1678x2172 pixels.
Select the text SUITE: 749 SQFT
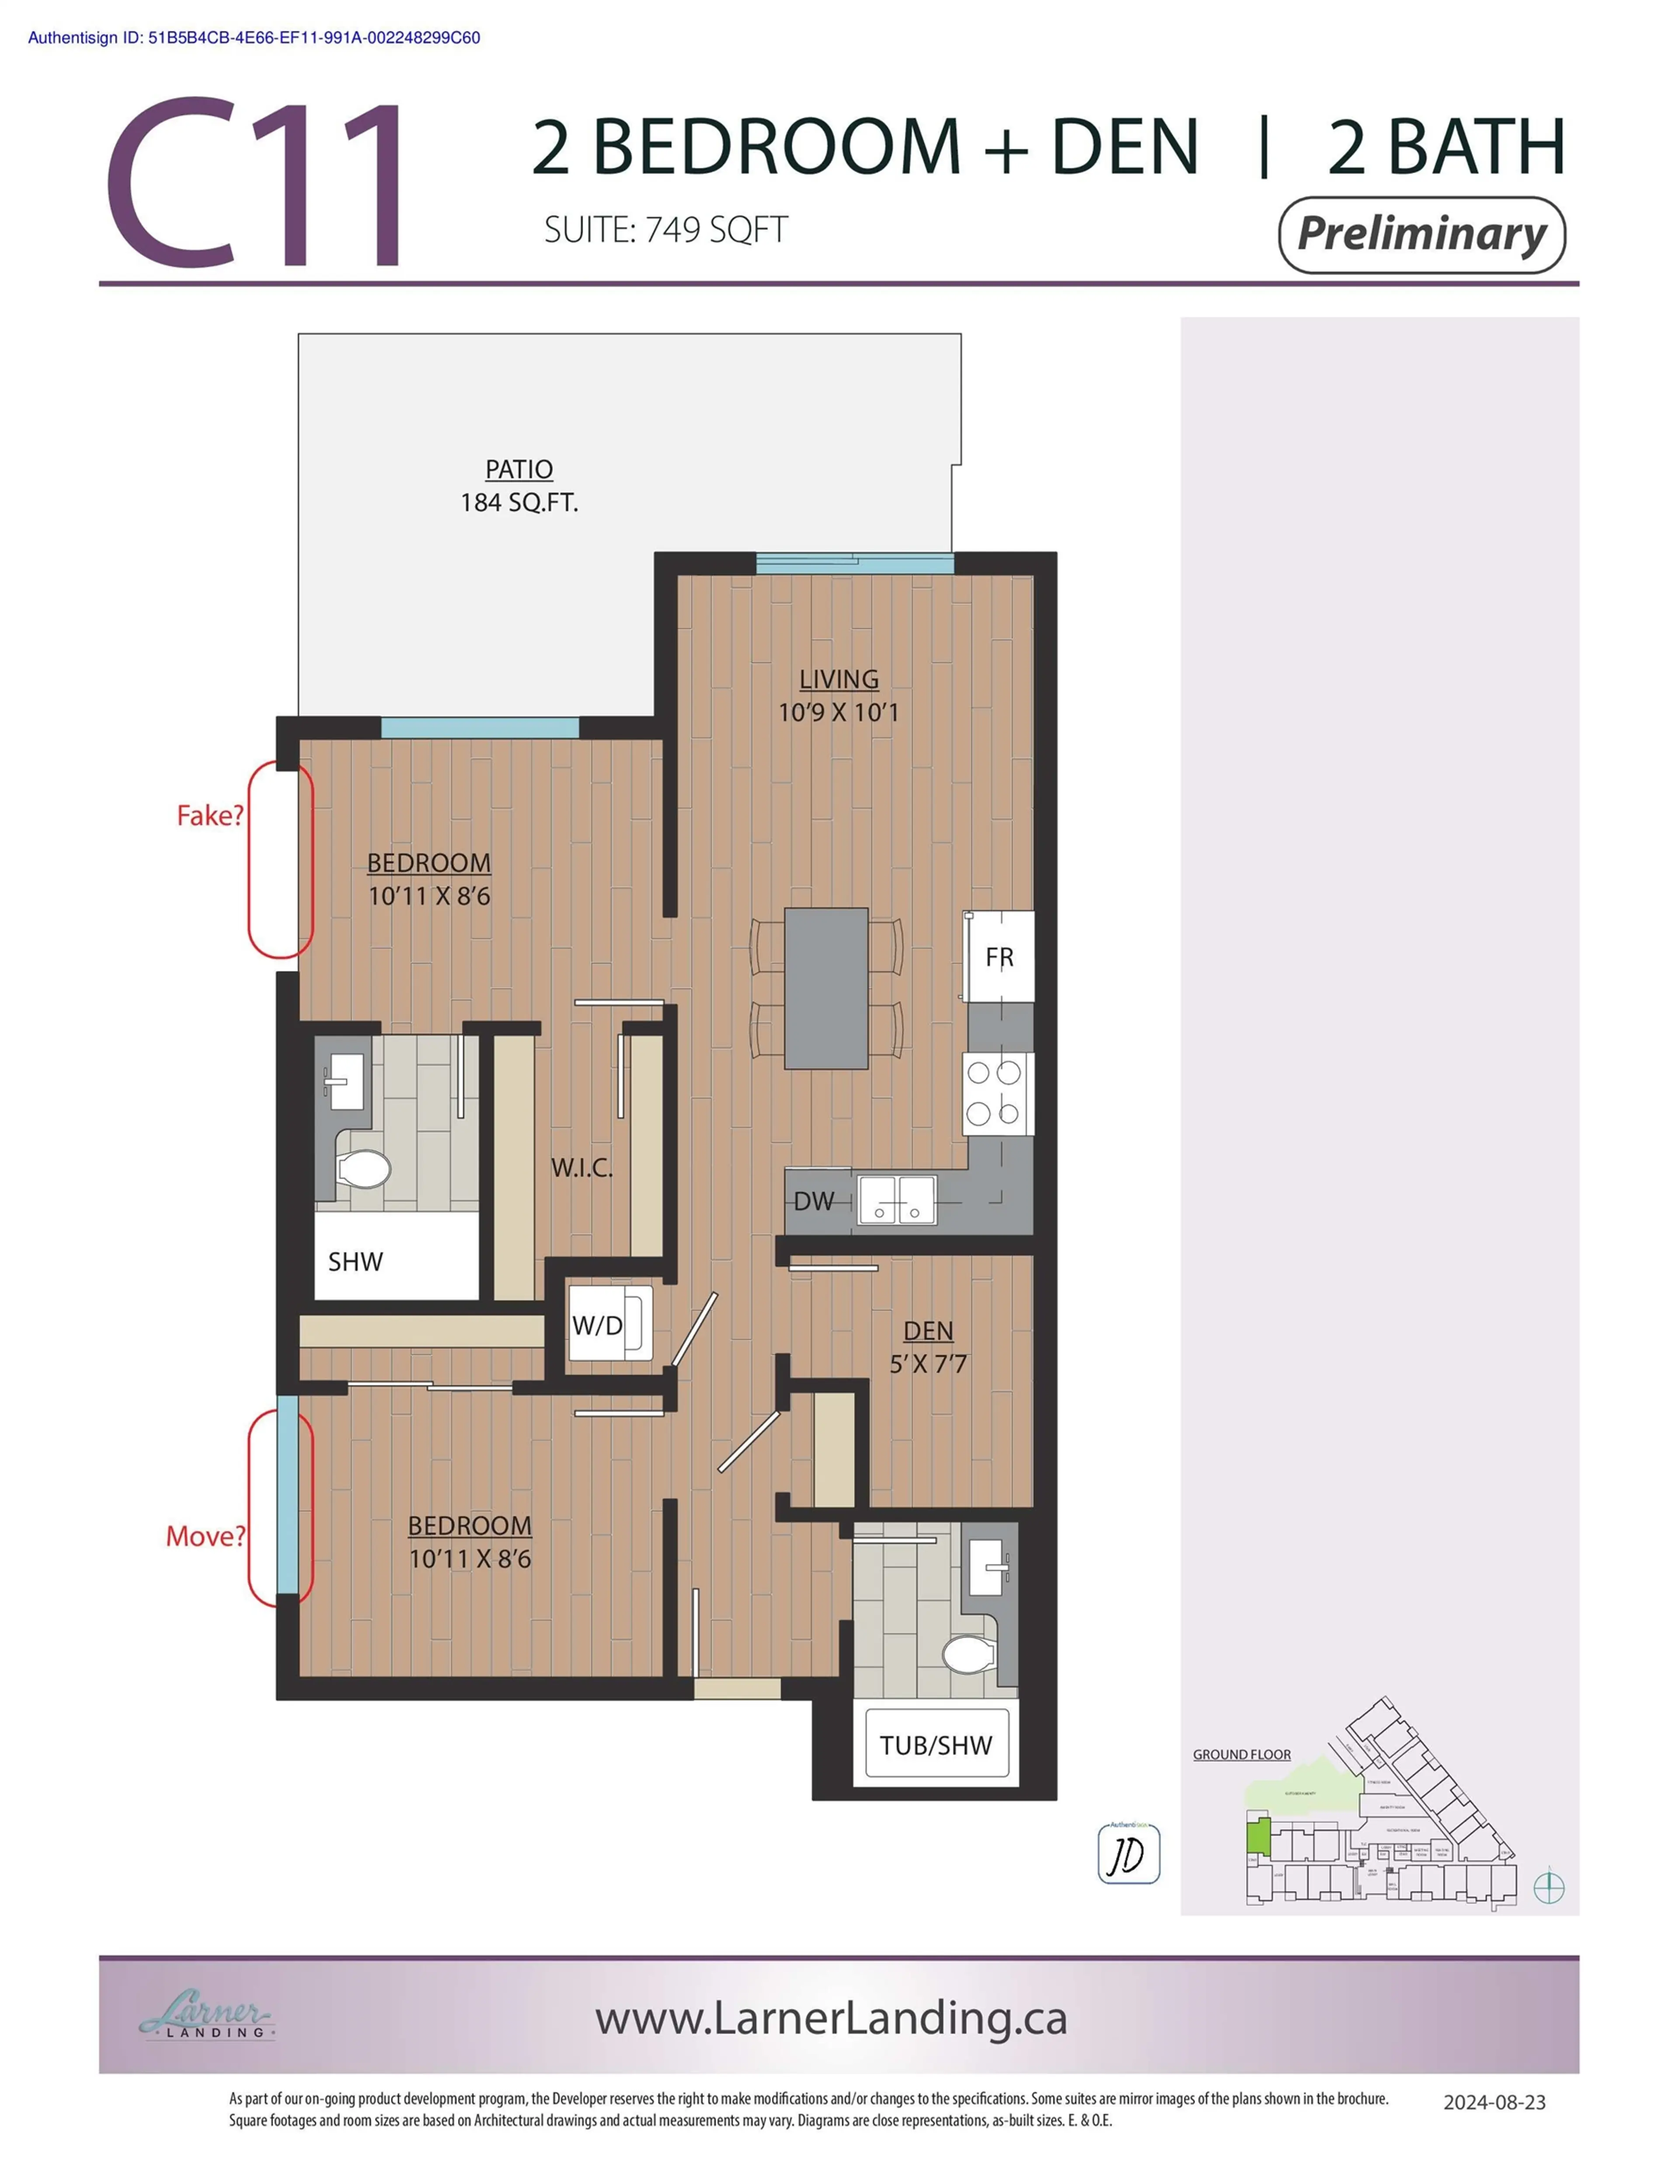[666, 230]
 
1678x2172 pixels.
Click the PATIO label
[518, 468]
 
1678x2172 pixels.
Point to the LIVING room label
[839, 679]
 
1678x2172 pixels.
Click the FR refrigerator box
[998, 957]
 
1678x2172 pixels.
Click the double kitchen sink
[897, 1198]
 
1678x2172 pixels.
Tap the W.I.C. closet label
[582, 1168]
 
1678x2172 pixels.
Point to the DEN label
[928, 1331]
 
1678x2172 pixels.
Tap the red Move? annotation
[205, 1537]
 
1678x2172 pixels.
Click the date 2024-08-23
[1494, 2101]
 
